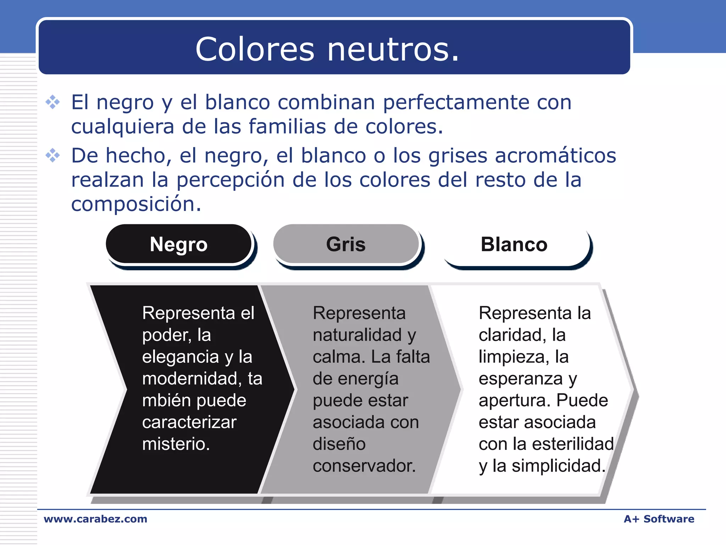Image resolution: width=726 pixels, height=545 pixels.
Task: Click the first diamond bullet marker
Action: coord(53,102)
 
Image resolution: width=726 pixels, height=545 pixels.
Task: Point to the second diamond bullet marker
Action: coord(53,155)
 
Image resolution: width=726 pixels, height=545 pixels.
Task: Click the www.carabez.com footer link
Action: coord(95,519)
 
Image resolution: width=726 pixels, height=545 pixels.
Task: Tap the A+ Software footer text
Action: coord(659,519)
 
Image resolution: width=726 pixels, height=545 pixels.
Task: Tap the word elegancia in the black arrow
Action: coord(180,357)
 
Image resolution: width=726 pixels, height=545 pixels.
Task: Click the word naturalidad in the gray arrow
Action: coord(357,335)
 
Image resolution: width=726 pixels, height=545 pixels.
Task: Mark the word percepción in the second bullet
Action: coord(230,180)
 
